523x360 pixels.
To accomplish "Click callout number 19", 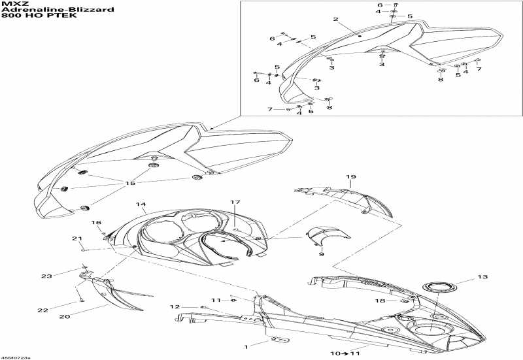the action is point(350,177).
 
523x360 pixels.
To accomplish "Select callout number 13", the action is point(482,276).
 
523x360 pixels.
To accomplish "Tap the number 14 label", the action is point(141,204).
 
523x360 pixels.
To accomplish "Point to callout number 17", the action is point(235,202).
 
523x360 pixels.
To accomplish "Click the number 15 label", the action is point(130,183).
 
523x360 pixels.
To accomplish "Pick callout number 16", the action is point(96,222).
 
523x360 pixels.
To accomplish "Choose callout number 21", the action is point(77,238).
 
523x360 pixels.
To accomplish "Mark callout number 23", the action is point(46,276).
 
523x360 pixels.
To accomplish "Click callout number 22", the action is point(42,310).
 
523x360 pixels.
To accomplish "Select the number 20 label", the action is point(65,316).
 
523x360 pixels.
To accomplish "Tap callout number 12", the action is point(175,306).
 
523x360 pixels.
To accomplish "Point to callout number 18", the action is point(380,301).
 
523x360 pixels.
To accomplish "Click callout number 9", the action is point(321,254).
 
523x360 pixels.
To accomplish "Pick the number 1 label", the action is point(246,347).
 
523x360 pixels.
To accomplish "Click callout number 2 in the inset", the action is point(335,20).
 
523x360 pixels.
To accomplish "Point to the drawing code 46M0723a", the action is point(15,357).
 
